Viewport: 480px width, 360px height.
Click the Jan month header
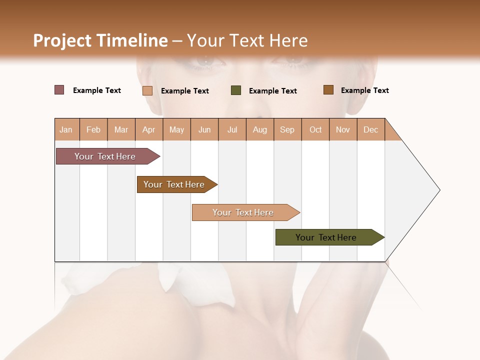pyautogui.click(x=66, y=129)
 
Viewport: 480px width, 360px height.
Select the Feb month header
pyautogui.click(x=93, y=129)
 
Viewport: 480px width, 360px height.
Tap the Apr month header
pyautogui.click(x=149, y=129)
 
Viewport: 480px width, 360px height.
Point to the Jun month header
pyautogui.click(x=204, y=129)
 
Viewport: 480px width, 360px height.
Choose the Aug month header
pyautogui.click(x=260, y=129)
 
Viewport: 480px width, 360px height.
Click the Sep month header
pyautogui.click(x=287, y=129)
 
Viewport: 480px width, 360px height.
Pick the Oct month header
pyautogui.click(x=315, y=129)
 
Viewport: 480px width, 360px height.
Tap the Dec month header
pyautogui.click(x=371, y=129)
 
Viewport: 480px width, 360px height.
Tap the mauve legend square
pyautogui.click(x=59, y=90)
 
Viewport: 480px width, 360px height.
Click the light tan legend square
pyautogui.click(x=147, y=90)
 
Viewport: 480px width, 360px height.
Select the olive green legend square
pyautogui.click(x=236, y=90)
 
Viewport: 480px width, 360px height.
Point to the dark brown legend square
pyautogui.click(x=328, y=90)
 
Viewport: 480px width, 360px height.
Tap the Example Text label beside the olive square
pyautogui.click(x=272, y=91)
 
